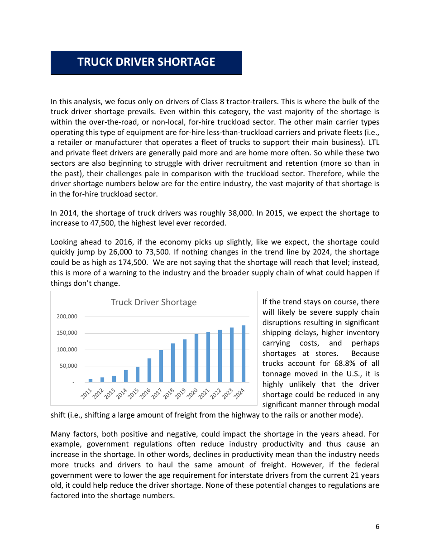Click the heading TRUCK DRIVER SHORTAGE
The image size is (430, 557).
coord(146,62)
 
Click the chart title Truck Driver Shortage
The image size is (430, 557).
coord(153,302)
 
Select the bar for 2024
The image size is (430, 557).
coord(243,354)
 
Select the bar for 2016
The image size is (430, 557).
coord(149,370)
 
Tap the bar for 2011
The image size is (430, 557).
coord(91,380)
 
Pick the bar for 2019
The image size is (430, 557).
coord(185,360)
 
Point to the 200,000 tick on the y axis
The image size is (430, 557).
coord(67,317)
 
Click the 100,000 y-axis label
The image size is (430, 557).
coord(67,350)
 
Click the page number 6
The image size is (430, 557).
coord(377,526)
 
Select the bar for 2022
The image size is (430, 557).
coord(220,356)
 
